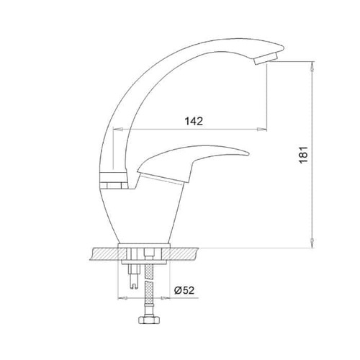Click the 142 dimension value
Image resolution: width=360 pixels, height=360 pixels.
pyautogui.click(x=194, y=121)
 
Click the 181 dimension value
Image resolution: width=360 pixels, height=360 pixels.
pyautogui.click(x=303, y=155)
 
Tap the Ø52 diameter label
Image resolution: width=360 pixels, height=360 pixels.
pyautogui.click(x=184, y=290)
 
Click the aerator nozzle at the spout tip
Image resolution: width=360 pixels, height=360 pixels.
pyautogui.click(x=266, y=58)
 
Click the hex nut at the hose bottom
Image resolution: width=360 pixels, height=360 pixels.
pyautogui.click(x=149, y=320)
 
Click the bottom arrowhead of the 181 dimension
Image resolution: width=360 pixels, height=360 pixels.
pyautogui.click(x=312, y=243)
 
